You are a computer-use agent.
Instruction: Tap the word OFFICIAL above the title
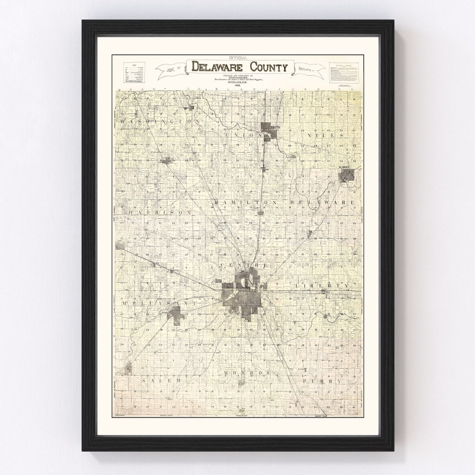[x=238, y=58]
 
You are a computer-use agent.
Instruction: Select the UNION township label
[x=240, y=135]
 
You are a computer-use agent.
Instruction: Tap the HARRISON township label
[x=160, y=212]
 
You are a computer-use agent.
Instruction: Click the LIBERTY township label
[x=322, y=285]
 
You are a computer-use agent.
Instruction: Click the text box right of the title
[x=346, y=72]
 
